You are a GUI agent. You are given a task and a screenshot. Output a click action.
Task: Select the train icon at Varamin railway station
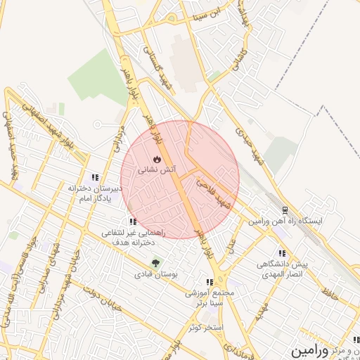pyautogui.click(x=285, y=210)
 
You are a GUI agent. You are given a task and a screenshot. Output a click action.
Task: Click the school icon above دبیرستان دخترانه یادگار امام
pyautogui.click(x=96, y=178)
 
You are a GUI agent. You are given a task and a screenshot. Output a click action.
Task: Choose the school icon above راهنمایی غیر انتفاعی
pyautogui.click(x=133, y=222)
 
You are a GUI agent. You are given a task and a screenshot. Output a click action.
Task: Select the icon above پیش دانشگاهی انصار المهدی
pyautogui.click(x=282, y=253)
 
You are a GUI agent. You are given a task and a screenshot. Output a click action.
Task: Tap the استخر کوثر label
pyautogui.click(x=206, y=328)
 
